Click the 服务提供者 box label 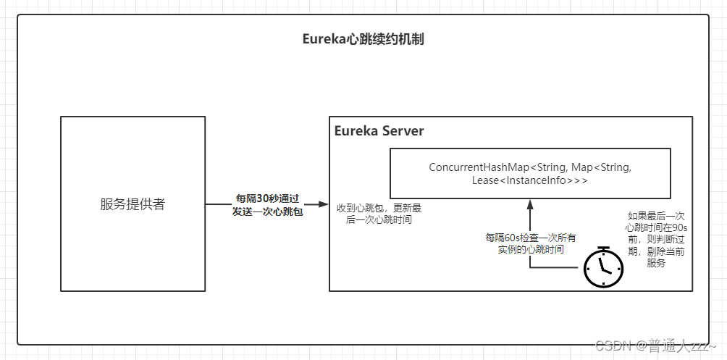[x=133, y=204]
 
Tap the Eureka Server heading [x=379, y=131]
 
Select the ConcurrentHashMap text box [x=530, y=174]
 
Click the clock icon [x=604, y=268]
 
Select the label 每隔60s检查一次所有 [x=531, y=237]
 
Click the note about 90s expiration [x=657, y=240]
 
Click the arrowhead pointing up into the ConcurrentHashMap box [x=530, y=204]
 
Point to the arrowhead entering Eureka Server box [x=325, y=204]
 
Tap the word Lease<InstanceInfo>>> [x=530, y=180]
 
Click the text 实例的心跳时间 [x=531, y=249]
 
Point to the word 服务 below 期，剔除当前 [x=657, y=264]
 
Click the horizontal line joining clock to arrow [x=556, y=268]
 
